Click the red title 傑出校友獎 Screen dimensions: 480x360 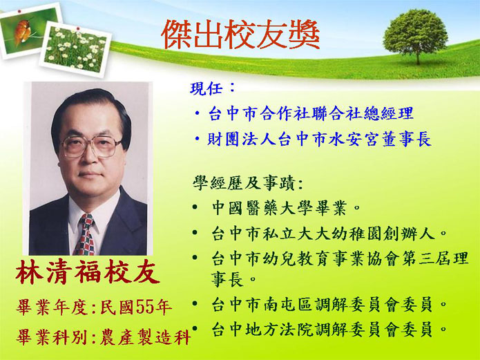pyautogui.click(x=240, y=35)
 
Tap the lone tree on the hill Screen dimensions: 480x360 pyautogui.click(x=416, y=35)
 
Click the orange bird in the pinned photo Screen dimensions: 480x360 pyautogui.click(x=22, y=31)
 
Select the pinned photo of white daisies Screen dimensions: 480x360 pyautogui.click(x=75, y=49)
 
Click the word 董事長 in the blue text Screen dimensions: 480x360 pyautogui.click(x=407, y=140)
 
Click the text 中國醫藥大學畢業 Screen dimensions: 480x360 pyautogui.click(x=280, y=209)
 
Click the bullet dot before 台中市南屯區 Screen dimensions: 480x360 pyautogui.click(x=195, y=303)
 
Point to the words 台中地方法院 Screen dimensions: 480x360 pyautogui.click(x=262, y=330)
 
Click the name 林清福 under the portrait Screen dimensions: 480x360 pyautogui.click(x=59, y=272)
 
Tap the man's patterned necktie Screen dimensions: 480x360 pyautogui.click(x=85, y=235)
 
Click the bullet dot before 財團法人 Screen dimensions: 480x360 pyautogui.click(x=198, y=140)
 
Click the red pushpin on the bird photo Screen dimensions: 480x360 pyautogui.click(x=19, y=12)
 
